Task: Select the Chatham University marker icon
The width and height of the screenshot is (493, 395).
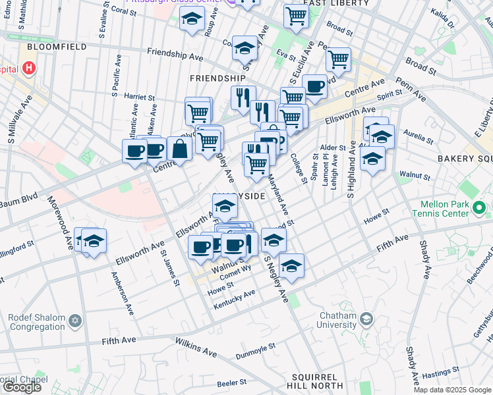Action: [366, 319]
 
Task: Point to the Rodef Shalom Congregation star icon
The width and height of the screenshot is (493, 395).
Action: [74, 321]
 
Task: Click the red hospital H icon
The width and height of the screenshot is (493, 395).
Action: [29, 68]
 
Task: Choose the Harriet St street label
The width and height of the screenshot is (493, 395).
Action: [138, 97]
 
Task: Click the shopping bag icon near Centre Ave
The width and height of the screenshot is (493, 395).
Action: [179, 148]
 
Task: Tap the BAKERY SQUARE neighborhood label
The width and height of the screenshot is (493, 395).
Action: [465, 159]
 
